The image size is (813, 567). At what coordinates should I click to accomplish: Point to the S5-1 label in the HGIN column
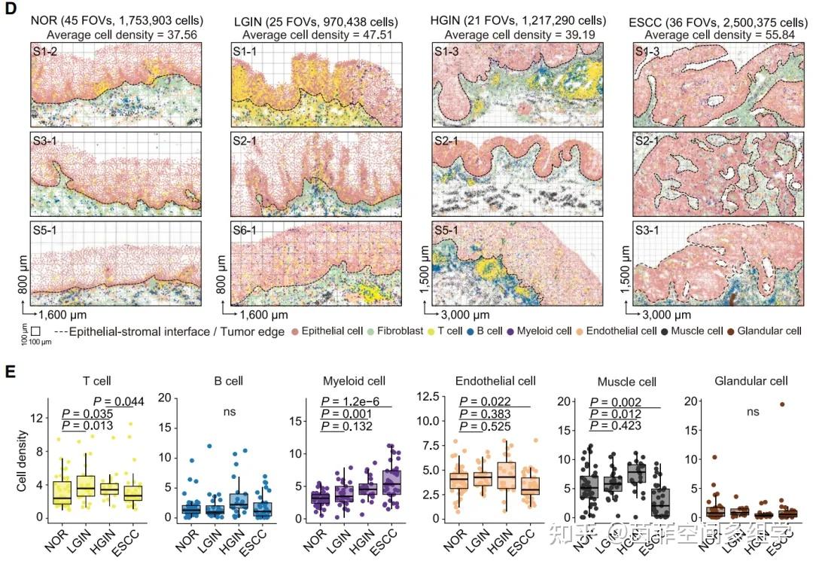[448, 230]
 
